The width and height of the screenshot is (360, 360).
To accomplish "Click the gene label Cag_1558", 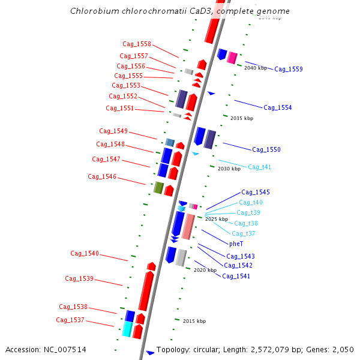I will (x=137, y=44).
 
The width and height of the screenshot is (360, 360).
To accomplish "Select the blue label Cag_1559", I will (x=289, y=69).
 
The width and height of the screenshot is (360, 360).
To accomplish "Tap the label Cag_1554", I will (x=278, y=107).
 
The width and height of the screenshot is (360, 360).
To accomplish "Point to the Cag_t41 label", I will (x=259, y=167).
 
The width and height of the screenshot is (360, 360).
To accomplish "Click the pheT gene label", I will (x=236, y=244).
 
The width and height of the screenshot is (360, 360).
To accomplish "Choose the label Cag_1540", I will (x=85, y=253).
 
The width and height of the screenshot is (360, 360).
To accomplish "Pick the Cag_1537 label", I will (x=70, y=320).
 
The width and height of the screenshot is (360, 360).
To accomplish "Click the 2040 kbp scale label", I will (x=256, y=68).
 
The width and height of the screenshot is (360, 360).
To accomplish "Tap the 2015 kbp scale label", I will (x=194, y=321).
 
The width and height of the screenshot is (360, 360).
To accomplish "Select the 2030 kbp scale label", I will (x=229, y=169).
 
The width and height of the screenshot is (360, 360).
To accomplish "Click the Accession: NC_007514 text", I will (x=46, y=349).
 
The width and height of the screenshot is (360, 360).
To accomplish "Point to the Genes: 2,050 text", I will (x=335, y=349).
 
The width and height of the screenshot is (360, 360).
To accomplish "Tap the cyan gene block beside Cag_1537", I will (x=127, y=329).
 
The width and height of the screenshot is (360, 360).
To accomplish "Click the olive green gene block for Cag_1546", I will (x=158, y=188).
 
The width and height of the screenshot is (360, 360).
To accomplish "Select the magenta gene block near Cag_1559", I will (x=232, y=58).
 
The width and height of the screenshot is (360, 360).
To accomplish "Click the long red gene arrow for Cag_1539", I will (x=146, y=290).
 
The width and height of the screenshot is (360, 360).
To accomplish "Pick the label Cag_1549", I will (x=113, y=131).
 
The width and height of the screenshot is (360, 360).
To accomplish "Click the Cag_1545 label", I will (x=256, y=192).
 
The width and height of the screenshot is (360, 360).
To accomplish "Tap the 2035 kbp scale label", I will (x=242, y=118).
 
